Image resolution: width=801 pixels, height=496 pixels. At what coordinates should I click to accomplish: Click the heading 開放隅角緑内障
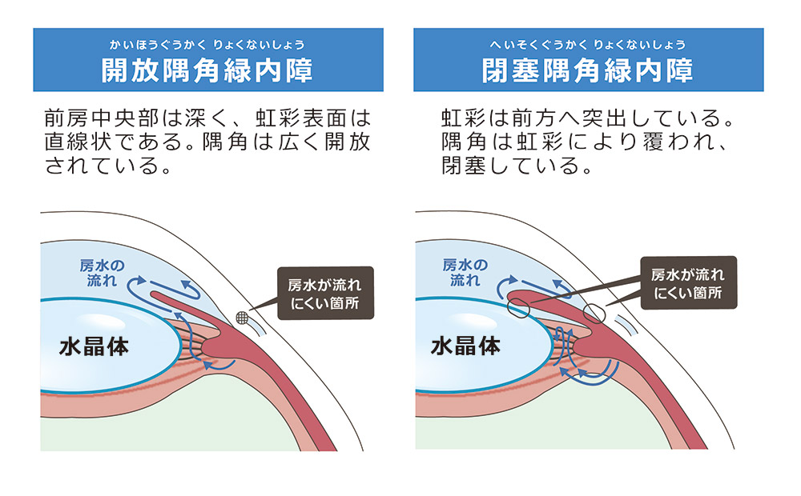click(x=207, y=70)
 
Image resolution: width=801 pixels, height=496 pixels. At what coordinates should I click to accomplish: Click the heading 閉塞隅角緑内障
click(x=587, y=70)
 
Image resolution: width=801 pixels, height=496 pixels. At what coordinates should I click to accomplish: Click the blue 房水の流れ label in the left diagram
click(x=103, y=273)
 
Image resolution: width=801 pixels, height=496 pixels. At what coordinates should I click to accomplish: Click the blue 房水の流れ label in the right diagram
click(x=465, y=273)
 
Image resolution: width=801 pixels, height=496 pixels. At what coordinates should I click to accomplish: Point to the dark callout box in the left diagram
click(x=324, y=293)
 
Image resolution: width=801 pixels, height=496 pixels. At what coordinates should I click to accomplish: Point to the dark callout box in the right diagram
click(x=687, y=284)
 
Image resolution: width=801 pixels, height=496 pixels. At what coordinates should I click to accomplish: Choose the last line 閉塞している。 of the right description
click(x=517, y=168)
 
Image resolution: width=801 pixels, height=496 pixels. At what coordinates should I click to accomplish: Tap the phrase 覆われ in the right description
click(x=677, y=144)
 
